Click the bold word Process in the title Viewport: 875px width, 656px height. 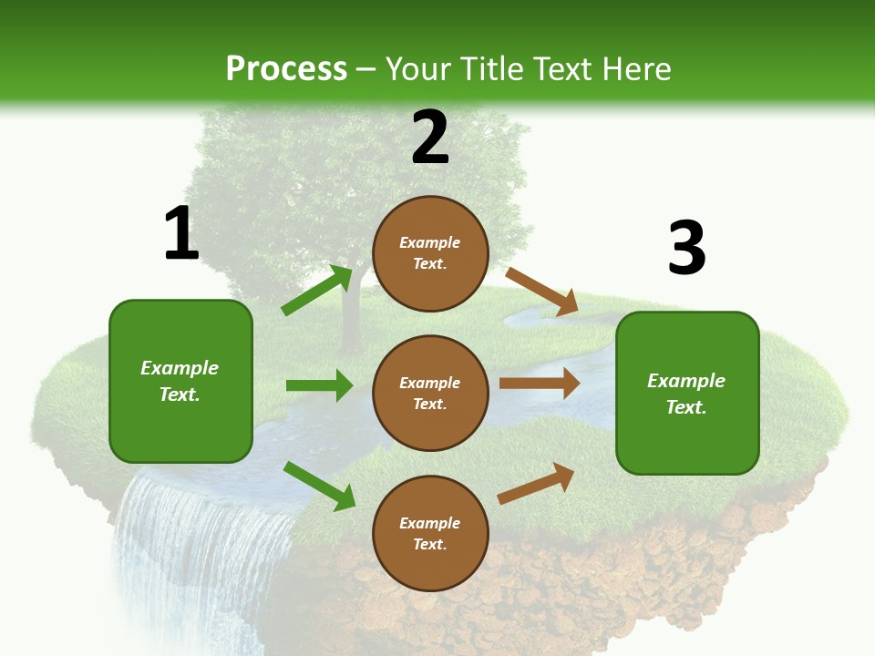(x=286, y=68)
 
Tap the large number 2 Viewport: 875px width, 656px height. (x=430, y=137)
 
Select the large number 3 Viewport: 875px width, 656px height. (x=686, y=248)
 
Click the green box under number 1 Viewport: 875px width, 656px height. (x=180, y=381)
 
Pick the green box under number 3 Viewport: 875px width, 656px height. (x=687, y=393)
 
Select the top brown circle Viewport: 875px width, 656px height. (x=430, y=253)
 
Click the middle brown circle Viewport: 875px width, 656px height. (x=430, y=393)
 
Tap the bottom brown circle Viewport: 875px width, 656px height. (x=430, y=533)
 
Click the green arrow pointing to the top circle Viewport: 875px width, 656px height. (x=316, y=291)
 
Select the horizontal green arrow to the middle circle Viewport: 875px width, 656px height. (x=319, y=385)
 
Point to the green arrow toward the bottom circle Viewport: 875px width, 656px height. (x=319, y=486)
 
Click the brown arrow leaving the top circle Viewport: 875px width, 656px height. (x=541, y=292)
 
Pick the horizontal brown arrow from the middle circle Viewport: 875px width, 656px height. (x=540, y=384)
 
